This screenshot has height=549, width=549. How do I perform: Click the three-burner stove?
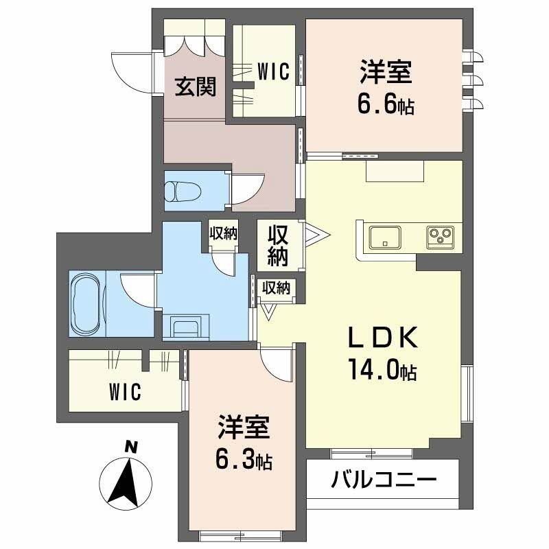(x=439, y=237)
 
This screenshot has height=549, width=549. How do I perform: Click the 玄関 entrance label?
(x=195, y=86)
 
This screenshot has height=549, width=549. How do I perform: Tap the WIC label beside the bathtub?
(x=124, y=393)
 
